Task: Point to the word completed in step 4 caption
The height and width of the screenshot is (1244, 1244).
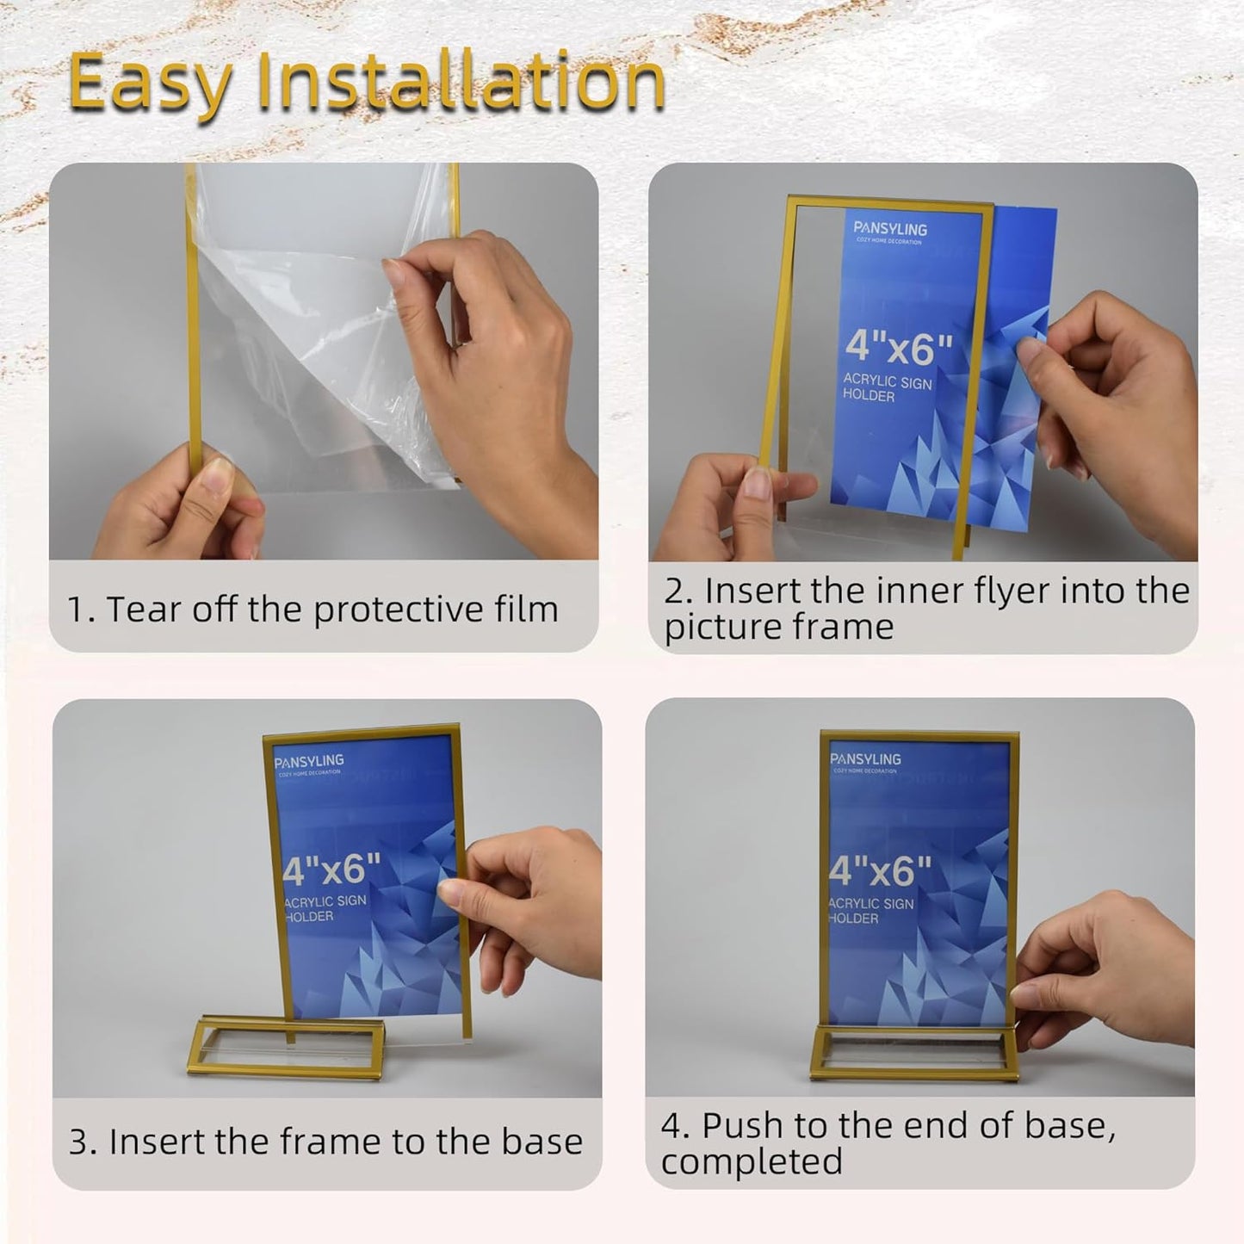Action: pyautogui.click(x=752, y=1162)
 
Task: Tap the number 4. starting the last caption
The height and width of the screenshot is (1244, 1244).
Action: pyautogui.click(x=676, y=1126)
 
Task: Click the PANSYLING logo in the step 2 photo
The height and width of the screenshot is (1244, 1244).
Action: pyautogui.click(x=890, y=229)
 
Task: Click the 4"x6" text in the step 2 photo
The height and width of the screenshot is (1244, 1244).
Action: pyautogui.click(x=898, y=346)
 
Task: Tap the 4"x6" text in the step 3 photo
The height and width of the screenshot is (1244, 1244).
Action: pyautogui.click(x=331, y=870)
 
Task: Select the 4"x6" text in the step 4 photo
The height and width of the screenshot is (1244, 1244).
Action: pyautogui.click(x=880, y=871)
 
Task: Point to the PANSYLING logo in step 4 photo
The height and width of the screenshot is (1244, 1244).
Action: pyautogui.click(x=865, y=759)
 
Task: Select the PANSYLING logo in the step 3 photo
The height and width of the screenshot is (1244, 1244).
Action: pyautogui.click(x=309, y=761)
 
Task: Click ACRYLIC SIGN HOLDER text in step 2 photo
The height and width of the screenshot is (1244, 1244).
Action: pyautogui.click(x=887, y=387)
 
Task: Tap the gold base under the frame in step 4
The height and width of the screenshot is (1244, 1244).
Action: pyautogui.click(x=913, y=1055)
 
